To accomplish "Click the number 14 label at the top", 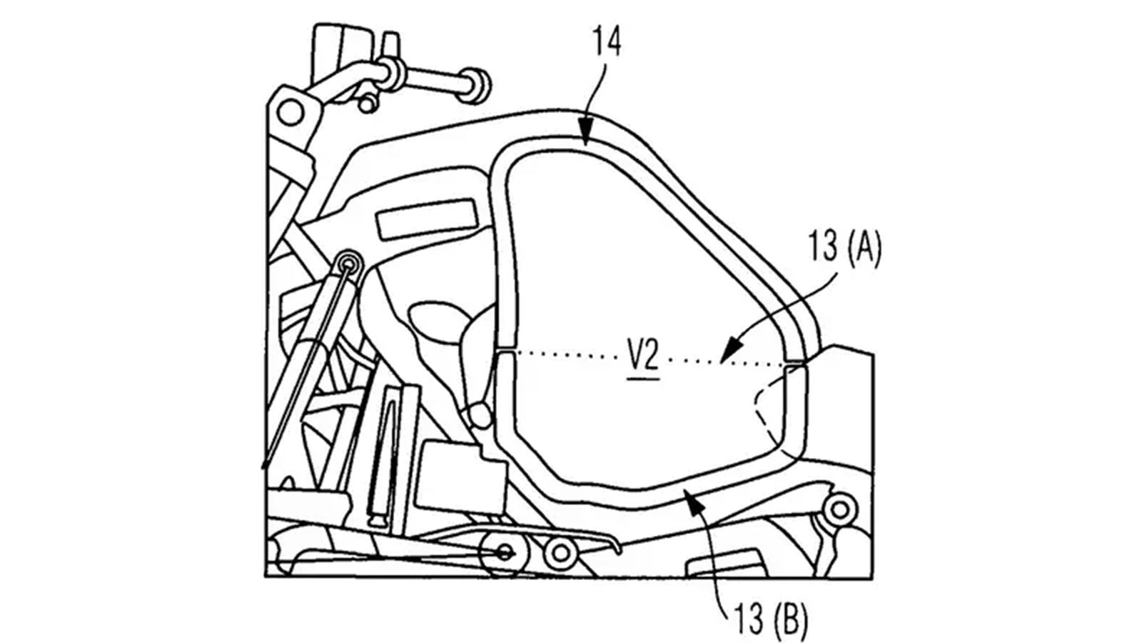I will tap(606, 43).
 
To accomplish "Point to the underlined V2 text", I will tap(642, 357).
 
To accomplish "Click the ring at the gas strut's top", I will tap(348, 264).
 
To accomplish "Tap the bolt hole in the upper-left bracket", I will tap(290, 111).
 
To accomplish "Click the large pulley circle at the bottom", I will tap(505, 551).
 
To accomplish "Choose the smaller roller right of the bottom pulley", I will tap(559, 552).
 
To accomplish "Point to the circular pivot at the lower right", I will tap(840, 509).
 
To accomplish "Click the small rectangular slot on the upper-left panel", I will tap(425, 222).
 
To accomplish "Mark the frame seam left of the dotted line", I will tap(505, 351).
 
